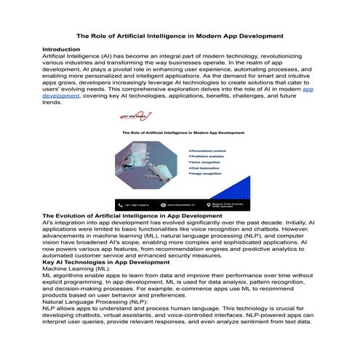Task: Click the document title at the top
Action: [x=180, y=34]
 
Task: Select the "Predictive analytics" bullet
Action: [x=210, y=156]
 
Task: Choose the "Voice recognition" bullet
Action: [x=209, y=164]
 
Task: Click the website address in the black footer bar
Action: [x=179, y=206]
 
